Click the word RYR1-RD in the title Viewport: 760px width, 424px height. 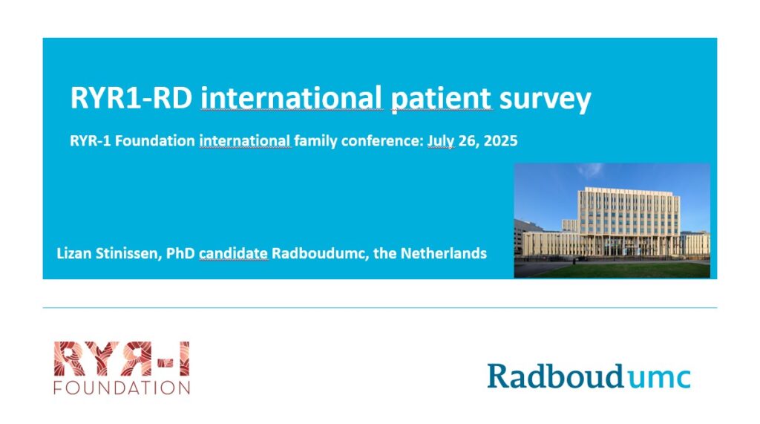coord(131,98)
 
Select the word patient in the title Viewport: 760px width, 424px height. coord(441,99)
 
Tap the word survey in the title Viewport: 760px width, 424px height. coord(546,100)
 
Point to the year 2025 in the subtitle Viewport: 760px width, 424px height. coord(501,140)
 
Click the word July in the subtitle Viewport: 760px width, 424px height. coord(441,141)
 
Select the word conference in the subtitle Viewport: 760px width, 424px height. coord(382,140)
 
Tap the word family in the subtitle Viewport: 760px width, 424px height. coord(315,141)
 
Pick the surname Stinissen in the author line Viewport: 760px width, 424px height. coord(126,254)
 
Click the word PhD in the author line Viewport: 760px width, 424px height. coord(180,253)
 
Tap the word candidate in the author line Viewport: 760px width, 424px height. coord(233,253)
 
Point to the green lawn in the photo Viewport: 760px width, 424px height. coord(625,270)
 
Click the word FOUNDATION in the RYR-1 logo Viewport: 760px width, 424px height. coord(122,388)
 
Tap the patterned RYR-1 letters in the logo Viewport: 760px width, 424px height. coord(122,359)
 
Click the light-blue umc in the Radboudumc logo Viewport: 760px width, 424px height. coord(659,377)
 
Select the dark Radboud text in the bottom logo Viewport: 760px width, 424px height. coord(556,376)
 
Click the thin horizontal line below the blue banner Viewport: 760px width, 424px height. coord(379,307)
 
